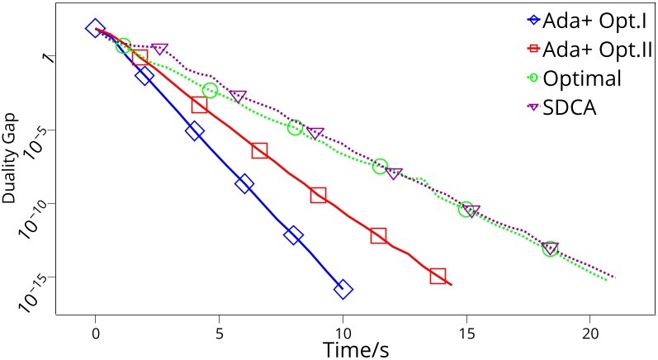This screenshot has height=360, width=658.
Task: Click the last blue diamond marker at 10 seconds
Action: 343,289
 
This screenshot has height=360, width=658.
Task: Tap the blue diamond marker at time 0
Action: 96,29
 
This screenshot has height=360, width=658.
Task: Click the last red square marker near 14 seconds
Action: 438,276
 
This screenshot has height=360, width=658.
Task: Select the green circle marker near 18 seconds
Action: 550,249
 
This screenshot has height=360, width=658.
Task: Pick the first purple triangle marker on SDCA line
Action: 160,50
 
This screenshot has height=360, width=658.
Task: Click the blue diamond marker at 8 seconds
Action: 293,235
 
